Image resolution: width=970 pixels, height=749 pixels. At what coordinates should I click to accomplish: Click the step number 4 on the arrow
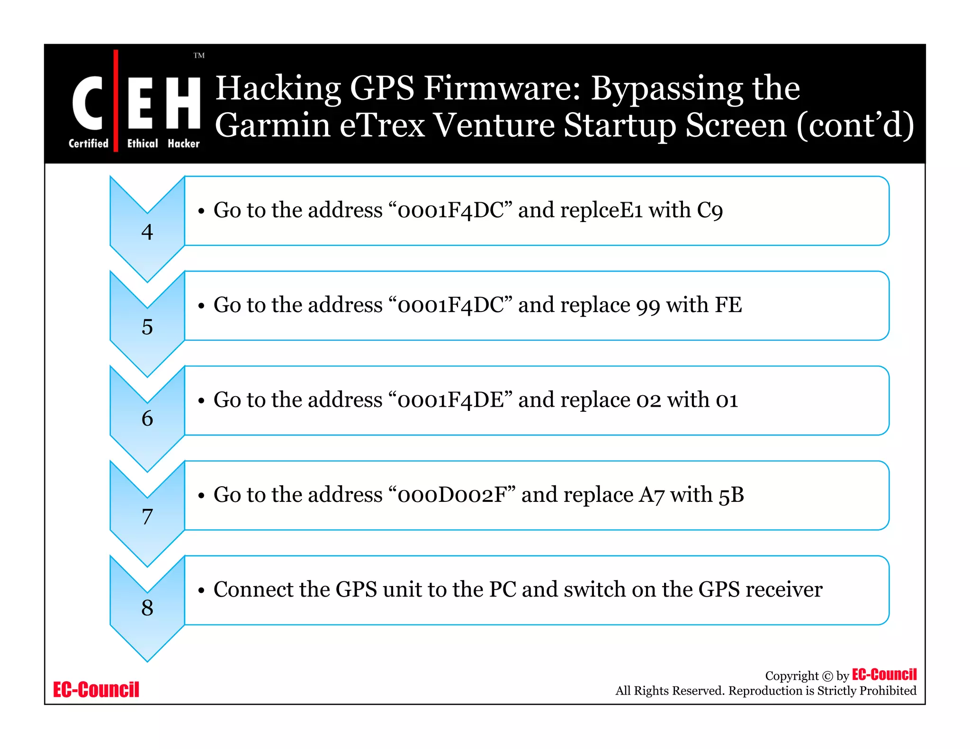[x=147, y=232]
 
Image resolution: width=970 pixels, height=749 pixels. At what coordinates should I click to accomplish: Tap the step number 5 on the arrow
[x=147, y=327]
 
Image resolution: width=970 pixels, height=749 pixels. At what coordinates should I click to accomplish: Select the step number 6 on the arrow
[x=147, y=419]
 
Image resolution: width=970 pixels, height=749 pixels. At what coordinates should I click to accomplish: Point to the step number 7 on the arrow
[x=147, y=516]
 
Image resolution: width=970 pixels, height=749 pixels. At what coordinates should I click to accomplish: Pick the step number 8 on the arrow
[x=147, y=607]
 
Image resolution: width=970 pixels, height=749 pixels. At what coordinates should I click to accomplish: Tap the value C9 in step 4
[x=710, y=210]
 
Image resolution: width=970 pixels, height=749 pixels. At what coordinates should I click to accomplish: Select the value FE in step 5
[x=728, y=305]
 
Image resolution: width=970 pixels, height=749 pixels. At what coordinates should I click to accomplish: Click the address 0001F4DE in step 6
[x=450, y=400]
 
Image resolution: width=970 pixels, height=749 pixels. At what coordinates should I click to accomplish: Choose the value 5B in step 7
[x=731, y=495]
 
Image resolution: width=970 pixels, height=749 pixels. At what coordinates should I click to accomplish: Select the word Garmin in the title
[x=272, y=125]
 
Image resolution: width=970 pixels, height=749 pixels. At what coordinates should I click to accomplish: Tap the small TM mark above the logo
[x=199, y=55]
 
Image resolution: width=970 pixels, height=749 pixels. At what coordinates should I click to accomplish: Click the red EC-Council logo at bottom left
[x=96, y=689]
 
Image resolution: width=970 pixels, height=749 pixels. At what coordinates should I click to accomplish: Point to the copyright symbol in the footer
[x=827, y=676]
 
